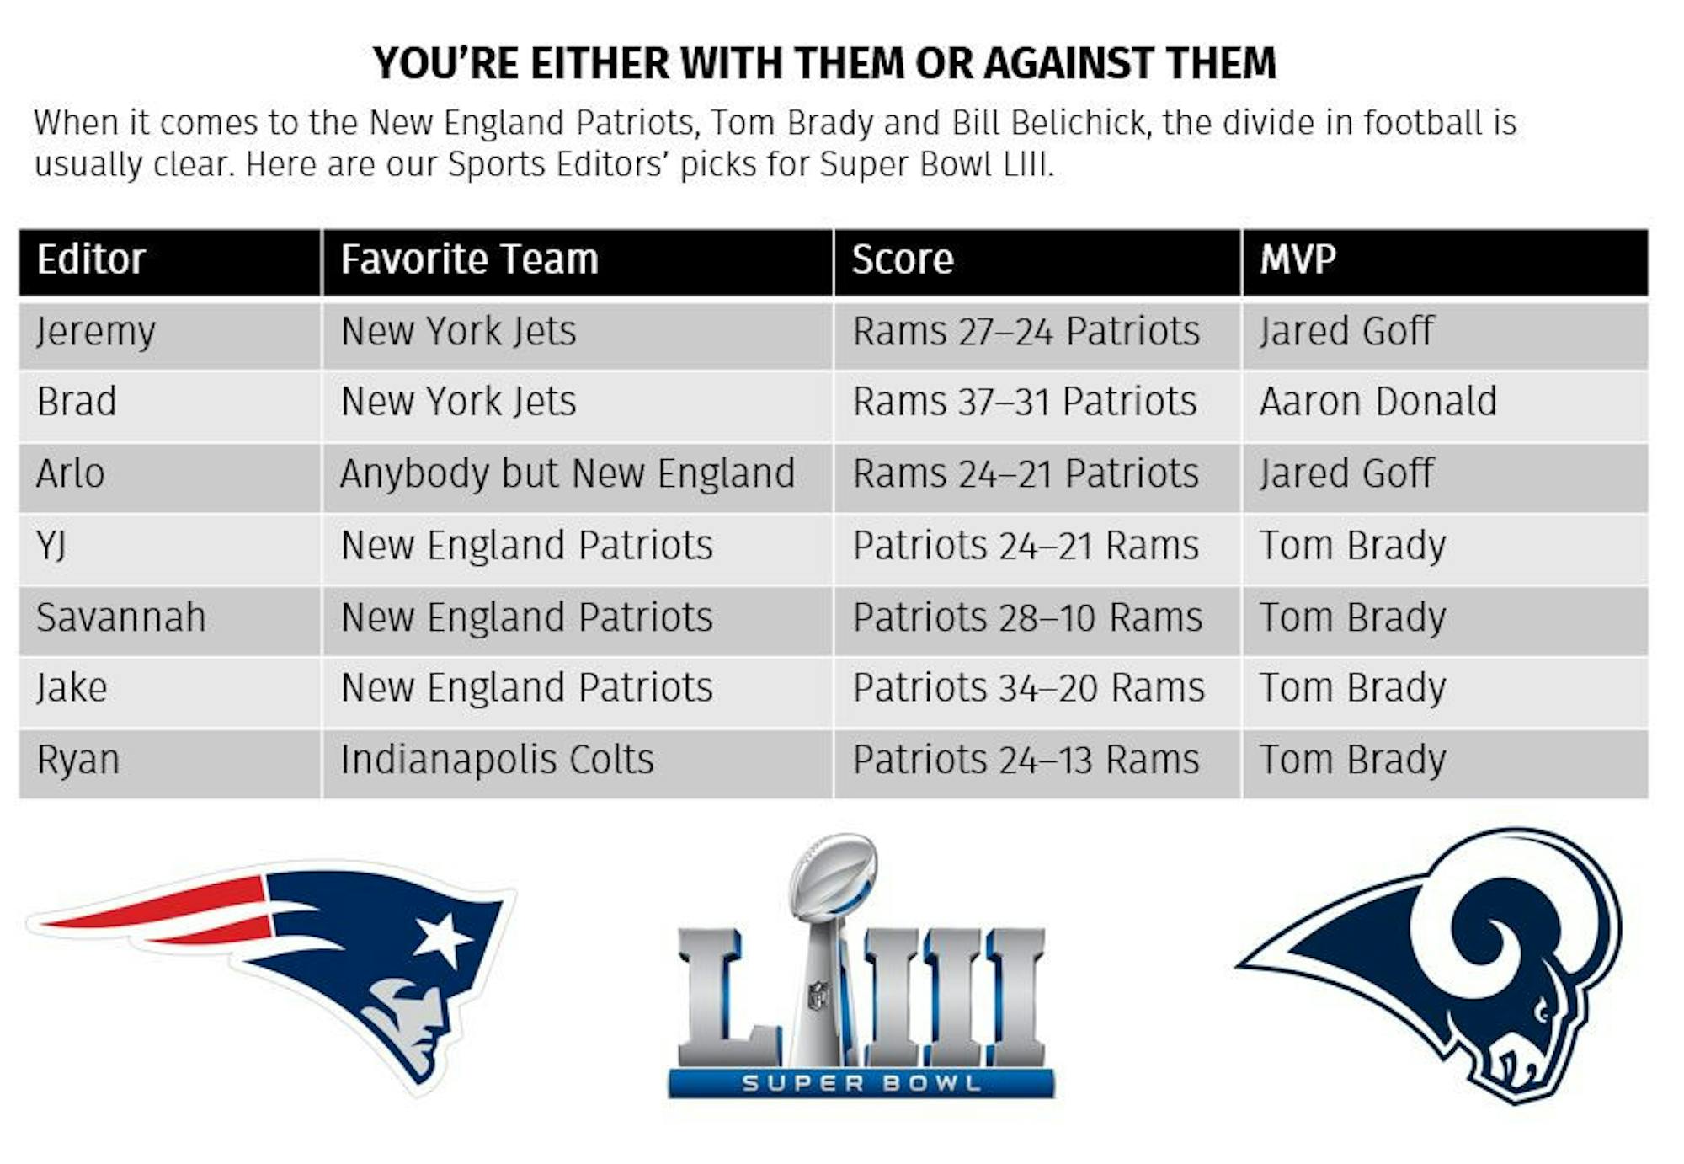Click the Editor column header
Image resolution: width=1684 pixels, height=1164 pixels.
coord(91,259)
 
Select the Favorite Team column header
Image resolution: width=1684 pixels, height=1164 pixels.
coord(469,259)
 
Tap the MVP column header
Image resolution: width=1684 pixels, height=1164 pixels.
coord(1298,259)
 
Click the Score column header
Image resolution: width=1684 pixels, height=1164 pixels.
coord(903,259)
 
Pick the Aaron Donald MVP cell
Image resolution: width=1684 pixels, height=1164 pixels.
coord(1378,402)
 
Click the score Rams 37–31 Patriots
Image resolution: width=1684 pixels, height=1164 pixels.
coord(1025,402)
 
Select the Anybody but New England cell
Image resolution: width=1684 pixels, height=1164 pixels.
coord(568,474)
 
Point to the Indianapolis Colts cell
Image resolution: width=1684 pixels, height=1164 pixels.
coord(498,760)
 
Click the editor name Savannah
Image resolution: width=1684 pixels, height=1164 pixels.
coord(121,617)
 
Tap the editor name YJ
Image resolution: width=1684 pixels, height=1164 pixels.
coord(51,547)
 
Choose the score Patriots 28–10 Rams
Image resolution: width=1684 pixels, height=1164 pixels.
coord(1027,617)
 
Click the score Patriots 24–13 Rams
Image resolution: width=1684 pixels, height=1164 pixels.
coord(1026,760)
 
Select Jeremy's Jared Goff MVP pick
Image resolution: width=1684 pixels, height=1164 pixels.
coord(1346,331)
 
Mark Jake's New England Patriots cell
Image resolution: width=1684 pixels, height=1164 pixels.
coord(527,688)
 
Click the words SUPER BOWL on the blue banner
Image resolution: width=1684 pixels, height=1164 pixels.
coord(861,1082)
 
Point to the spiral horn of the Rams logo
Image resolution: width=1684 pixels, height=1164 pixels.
coord(1516,935)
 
